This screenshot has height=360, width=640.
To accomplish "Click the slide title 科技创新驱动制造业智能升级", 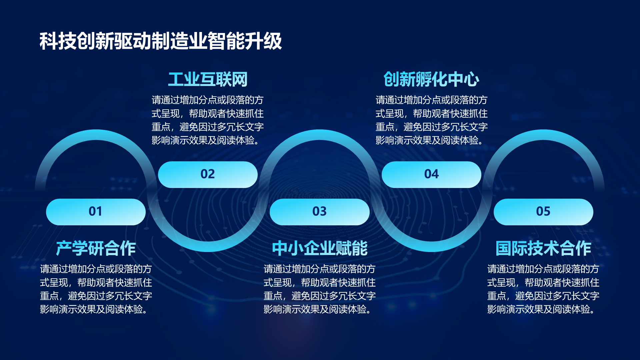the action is (161, 41).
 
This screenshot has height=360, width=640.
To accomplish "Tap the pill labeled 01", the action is (96, 212).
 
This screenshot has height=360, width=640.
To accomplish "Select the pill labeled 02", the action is (208, 174).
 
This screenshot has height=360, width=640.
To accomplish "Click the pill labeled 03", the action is (319, 212).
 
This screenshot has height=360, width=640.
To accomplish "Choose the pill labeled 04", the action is (431, 174).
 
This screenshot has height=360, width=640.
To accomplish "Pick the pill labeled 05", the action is (543, 212).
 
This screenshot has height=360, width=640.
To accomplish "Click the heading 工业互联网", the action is (208, 79).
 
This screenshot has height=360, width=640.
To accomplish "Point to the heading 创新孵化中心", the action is (431, 79).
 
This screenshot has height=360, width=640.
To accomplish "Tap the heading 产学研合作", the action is (96, 248).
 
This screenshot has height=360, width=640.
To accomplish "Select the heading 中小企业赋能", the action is (319, 248).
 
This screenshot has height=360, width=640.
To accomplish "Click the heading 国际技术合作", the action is (543, 248).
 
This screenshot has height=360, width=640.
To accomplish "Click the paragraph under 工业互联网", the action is (208, 120).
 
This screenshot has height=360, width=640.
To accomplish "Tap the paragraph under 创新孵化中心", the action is (431, 120).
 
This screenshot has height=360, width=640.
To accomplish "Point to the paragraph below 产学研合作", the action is (96, 289).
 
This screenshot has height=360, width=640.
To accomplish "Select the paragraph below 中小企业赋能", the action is (319, 289).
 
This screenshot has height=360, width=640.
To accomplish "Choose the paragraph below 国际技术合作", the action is (543, 289).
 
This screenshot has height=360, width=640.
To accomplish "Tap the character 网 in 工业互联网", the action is (240, 79).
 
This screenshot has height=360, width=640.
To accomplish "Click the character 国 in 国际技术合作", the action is (504, 248).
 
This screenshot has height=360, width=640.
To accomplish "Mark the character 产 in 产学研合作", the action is (64, 248).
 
